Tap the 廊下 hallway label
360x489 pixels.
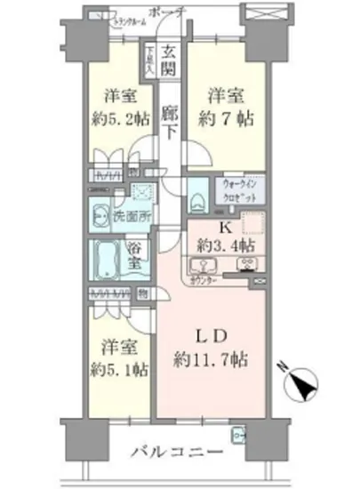171,123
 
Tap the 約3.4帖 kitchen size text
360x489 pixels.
227,242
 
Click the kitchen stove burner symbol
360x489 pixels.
246,264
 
